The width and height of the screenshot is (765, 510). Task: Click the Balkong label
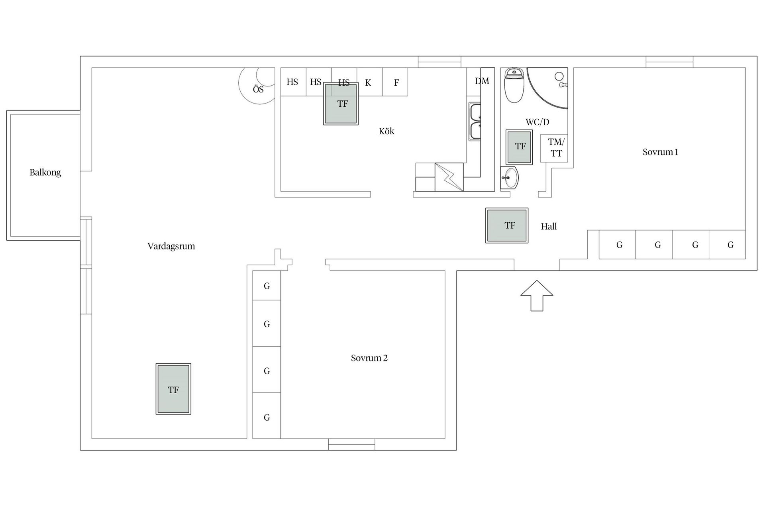coord(45,173)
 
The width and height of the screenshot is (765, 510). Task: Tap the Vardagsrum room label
coord(171,246)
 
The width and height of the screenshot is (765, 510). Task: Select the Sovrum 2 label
coord(369,358)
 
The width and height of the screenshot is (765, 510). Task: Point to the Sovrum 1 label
coord(660,152)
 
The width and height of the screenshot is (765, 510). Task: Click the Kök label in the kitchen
coord(386,131)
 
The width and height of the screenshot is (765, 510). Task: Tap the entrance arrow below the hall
coord(537,295)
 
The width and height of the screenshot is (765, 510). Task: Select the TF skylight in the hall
coord(507,226)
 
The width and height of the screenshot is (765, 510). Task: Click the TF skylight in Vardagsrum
coord(173,389)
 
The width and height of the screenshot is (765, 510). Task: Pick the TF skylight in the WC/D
coord(519,147)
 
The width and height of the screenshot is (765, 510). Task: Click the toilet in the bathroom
coord(514,86)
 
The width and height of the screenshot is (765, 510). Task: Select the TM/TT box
coord(554,148)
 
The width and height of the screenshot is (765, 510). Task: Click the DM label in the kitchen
coord(482,81)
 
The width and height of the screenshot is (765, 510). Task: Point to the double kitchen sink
coord(475,122)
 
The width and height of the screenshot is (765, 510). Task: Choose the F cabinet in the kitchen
coord(395,82)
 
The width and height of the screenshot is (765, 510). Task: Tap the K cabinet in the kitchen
coord(369,82)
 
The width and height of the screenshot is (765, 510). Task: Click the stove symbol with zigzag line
coord(449,177)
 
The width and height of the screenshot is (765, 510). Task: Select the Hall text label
coord(549,226)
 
